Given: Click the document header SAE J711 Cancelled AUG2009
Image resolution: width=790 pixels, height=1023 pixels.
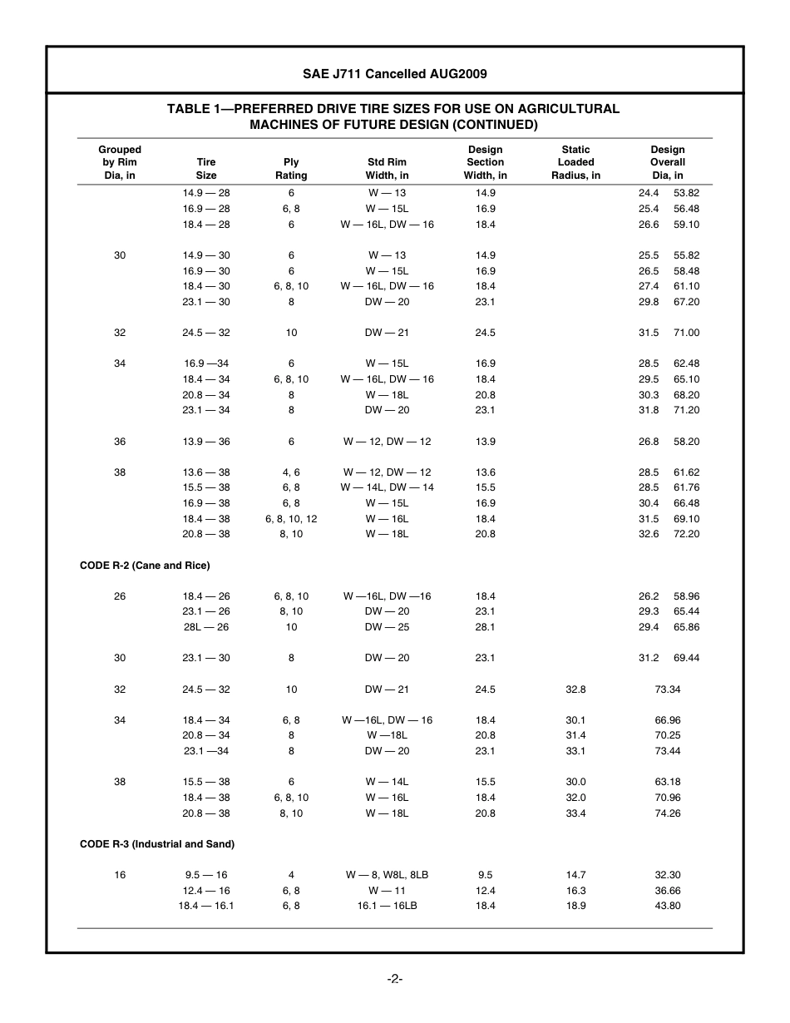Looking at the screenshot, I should [394, 74].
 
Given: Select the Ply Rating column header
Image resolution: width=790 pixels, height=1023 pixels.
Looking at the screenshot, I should [291, 169].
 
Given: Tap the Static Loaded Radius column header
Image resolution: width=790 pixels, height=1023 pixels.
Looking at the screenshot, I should [575, 163].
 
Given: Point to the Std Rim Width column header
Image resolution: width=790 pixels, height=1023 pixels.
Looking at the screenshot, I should [387, 169].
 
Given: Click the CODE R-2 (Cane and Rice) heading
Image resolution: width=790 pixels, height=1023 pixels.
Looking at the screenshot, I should [145, 566].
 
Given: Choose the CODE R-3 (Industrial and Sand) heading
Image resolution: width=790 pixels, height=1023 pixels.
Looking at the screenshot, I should [157, 844].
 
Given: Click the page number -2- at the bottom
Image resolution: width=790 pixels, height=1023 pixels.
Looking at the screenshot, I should [395, 979].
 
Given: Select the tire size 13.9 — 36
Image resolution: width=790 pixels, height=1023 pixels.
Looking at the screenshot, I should [206, 442].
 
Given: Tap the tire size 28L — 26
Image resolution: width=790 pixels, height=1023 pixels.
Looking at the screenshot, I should [206, 627].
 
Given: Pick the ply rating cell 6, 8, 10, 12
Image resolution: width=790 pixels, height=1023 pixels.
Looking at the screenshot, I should [291, 519].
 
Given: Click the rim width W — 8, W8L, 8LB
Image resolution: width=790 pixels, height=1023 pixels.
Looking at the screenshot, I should [387, 875].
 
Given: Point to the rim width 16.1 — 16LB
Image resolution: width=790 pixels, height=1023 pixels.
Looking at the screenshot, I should [387, 906].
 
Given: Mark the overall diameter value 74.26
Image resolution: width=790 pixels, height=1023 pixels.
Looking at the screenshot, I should [668, 813].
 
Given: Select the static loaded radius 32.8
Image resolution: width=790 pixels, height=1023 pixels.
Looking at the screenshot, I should [575, 689].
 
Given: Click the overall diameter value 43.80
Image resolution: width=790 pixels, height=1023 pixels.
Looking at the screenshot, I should [668, 906].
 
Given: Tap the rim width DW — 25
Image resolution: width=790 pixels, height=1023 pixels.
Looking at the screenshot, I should [387, 627].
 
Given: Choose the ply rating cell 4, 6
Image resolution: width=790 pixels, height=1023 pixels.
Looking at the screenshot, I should [291, 472].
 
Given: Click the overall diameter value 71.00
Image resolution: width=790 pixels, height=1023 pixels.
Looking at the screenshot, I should [686, 333].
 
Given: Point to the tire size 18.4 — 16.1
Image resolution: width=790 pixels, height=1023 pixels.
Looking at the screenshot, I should [206, 906].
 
